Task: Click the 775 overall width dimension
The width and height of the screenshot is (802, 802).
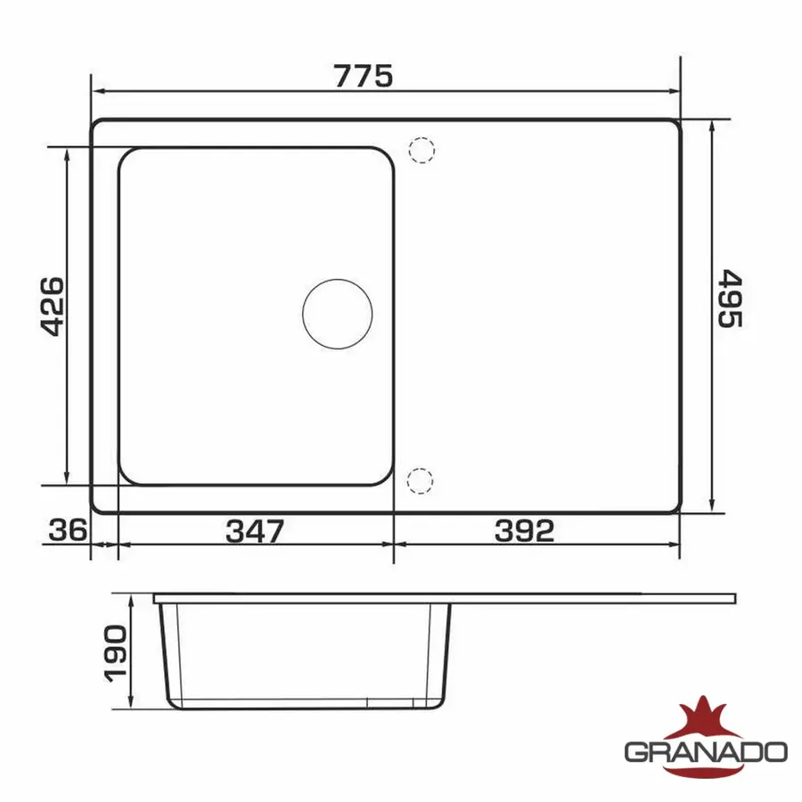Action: coord(364,76)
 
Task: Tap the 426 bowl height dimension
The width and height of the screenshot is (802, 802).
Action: coord(53,307)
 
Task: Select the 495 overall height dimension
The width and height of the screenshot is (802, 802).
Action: coord(730,299)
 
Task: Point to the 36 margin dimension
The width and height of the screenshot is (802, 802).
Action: coord(68,530)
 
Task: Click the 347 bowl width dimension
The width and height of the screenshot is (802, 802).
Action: coord(255,531)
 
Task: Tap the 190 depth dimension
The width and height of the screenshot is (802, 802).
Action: coord(116,654)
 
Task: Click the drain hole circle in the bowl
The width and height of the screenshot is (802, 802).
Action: coord(338,314)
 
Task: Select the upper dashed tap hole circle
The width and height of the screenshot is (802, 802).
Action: coord(422,151)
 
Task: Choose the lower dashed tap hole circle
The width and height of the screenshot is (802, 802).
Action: coord(420,481)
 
